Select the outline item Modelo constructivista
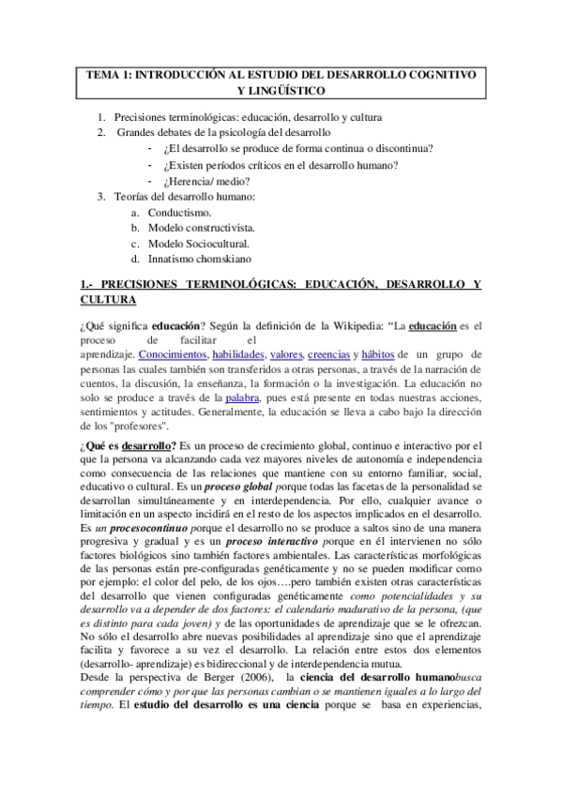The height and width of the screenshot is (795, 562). click(x=206, y=228)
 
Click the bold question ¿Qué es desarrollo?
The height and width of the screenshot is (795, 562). click(x=129, y=443)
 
